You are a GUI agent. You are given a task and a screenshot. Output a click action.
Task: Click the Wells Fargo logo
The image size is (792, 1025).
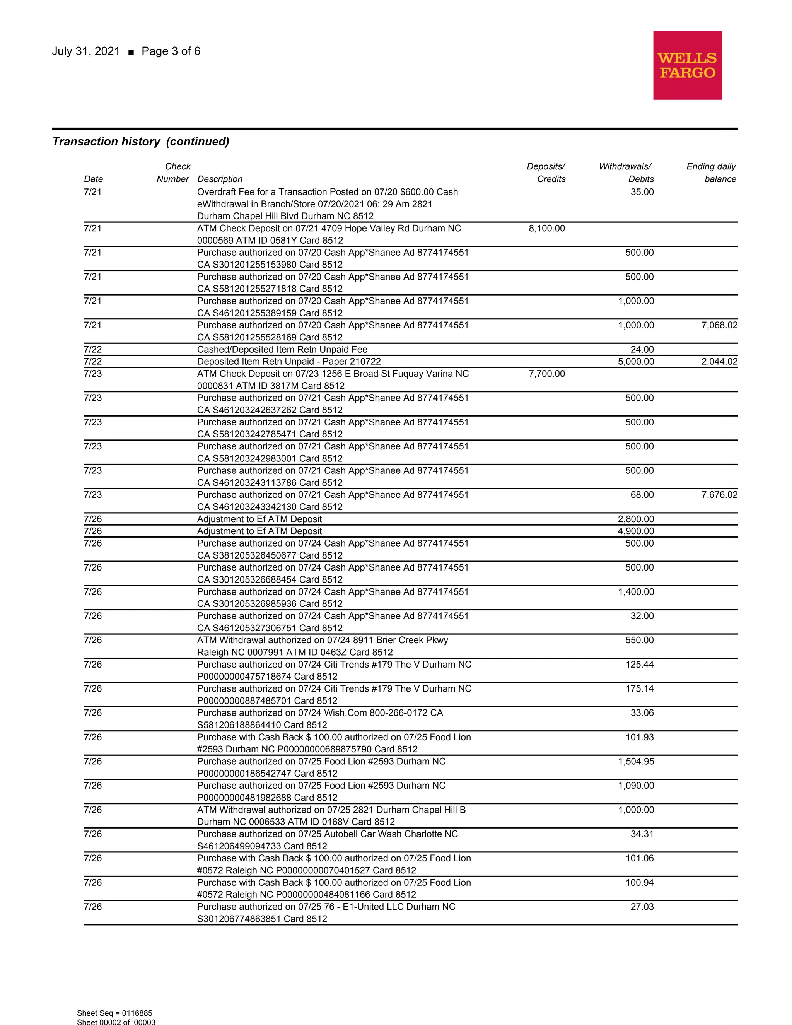687,65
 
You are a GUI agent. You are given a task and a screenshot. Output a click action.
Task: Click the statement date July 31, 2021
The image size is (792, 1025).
86,51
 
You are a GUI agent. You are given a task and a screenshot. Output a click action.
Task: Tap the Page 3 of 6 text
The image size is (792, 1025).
171,51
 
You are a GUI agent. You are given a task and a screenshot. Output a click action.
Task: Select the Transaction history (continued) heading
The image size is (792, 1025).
141,142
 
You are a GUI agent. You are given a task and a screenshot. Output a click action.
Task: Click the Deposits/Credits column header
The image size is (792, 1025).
546,173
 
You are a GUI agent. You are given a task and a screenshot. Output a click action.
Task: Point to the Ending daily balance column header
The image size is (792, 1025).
711,173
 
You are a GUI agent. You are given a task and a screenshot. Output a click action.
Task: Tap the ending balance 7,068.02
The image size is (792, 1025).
719,325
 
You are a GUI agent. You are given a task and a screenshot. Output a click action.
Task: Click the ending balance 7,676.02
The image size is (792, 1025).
719,495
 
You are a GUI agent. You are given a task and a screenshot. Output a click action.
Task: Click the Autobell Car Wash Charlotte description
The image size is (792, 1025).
327,834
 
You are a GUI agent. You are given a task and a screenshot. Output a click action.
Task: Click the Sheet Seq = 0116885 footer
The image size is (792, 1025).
114,1013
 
